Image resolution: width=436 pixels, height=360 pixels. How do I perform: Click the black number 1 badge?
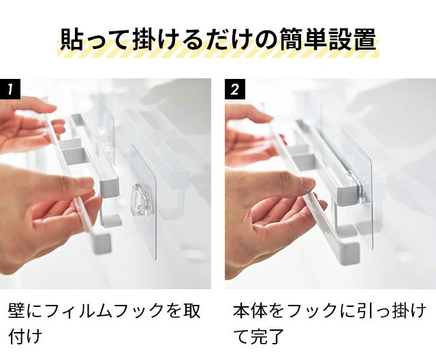(10, 89)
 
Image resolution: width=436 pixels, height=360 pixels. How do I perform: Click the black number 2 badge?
(235, 89)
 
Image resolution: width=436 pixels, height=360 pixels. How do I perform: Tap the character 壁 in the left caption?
(16, 310)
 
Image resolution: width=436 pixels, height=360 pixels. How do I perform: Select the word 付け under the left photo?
(25, 336)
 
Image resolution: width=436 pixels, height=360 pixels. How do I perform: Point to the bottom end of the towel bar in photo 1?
(102, 244)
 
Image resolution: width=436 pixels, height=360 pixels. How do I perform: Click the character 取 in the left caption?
(192, 310)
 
